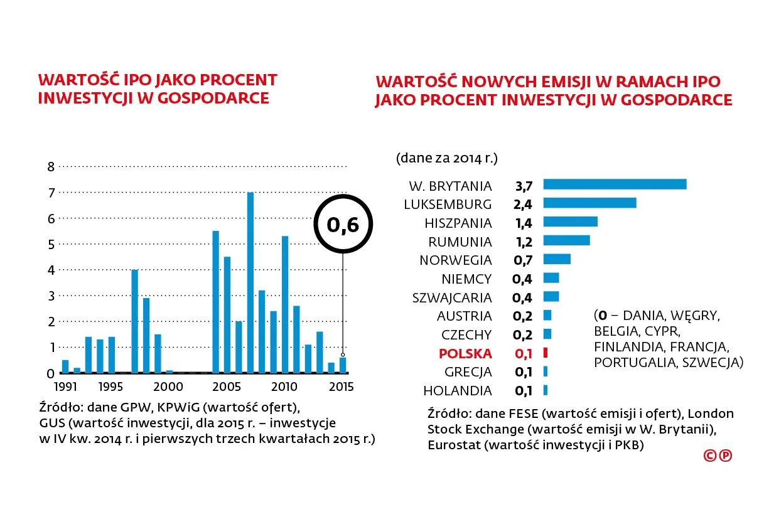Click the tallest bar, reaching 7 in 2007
(x=250, y=282)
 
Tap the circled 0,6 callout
(x=343, y=225)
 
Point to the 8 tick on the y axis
(x=52, y=166)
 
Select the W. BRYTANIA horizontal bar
(x=614, y=184)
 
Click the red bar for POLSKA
(x=546, y=353)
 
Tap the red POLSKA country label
(x=465, y=353)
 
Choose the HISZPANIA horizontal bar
(x=570, y=222)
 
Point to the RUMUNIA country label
(x=460, y=242)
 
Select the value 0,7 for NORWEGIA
(x=524, y=260)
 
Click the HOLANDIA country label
(x=457, y=391)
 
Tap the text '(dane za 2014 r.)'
(x=446, y=157)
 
